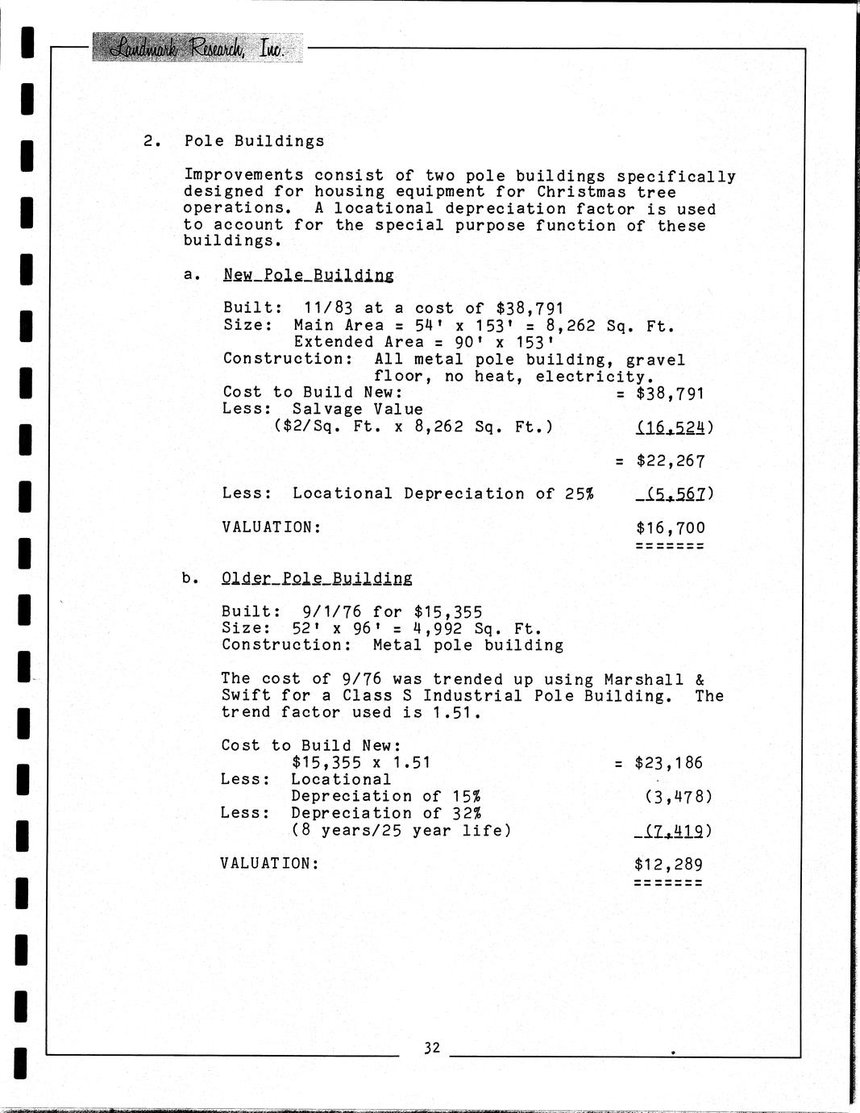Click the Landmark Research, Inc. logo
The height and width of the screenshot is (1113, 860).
(x=197, y=48)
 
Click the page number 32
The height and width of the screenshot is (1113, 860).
(x=432, y=1048)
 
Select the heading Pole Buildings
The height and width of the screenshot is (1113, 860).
(x=254, y=141)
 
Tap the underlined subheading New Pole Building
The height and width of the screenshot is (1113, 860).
(x=309, y=275)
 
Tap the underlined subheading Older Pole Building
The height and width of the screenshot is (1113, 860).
(x=317, y=578)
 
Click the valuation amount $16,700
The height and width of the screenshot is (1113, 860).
(x=670, y=528)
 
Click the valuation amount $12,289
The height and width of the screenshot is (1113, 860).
(x=668, y=865)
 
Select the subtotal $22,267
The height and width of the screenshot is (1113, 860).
(x=670, y=461)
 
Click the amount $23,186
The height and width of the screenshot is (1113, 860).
(x=668, y=763)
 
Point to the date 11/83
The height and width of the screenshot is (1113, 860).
(x=329, y=308)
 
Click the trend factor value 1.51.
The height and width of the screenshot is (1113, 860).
(x=457, y=713)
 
